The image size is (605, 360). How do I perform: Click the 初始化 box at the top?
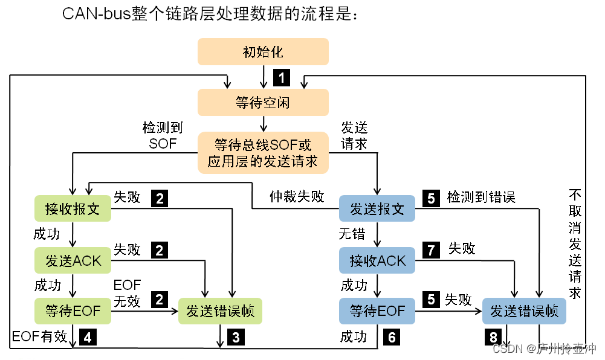263,52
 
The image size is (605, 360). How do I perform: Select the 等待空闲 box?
263,103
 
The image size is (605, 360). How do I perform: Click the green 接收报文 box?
73,209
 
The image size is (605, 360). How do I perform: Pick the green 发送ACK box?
73,260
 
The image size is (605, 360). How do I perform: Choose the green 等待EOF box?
73,311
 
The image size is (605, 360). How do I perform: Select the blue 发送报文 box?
377,209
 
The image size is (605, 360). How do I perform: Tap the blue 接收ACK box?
377,260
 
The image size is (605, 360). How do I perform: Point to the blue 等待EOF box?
377,311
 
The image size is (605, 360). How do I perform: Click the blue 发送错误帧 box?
524,311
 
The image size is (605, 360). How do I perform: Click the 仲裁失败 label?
297,197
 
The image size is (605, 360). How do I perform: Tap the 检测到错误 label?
481,197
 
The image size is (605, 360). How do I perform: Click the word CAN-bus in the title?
97,14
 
